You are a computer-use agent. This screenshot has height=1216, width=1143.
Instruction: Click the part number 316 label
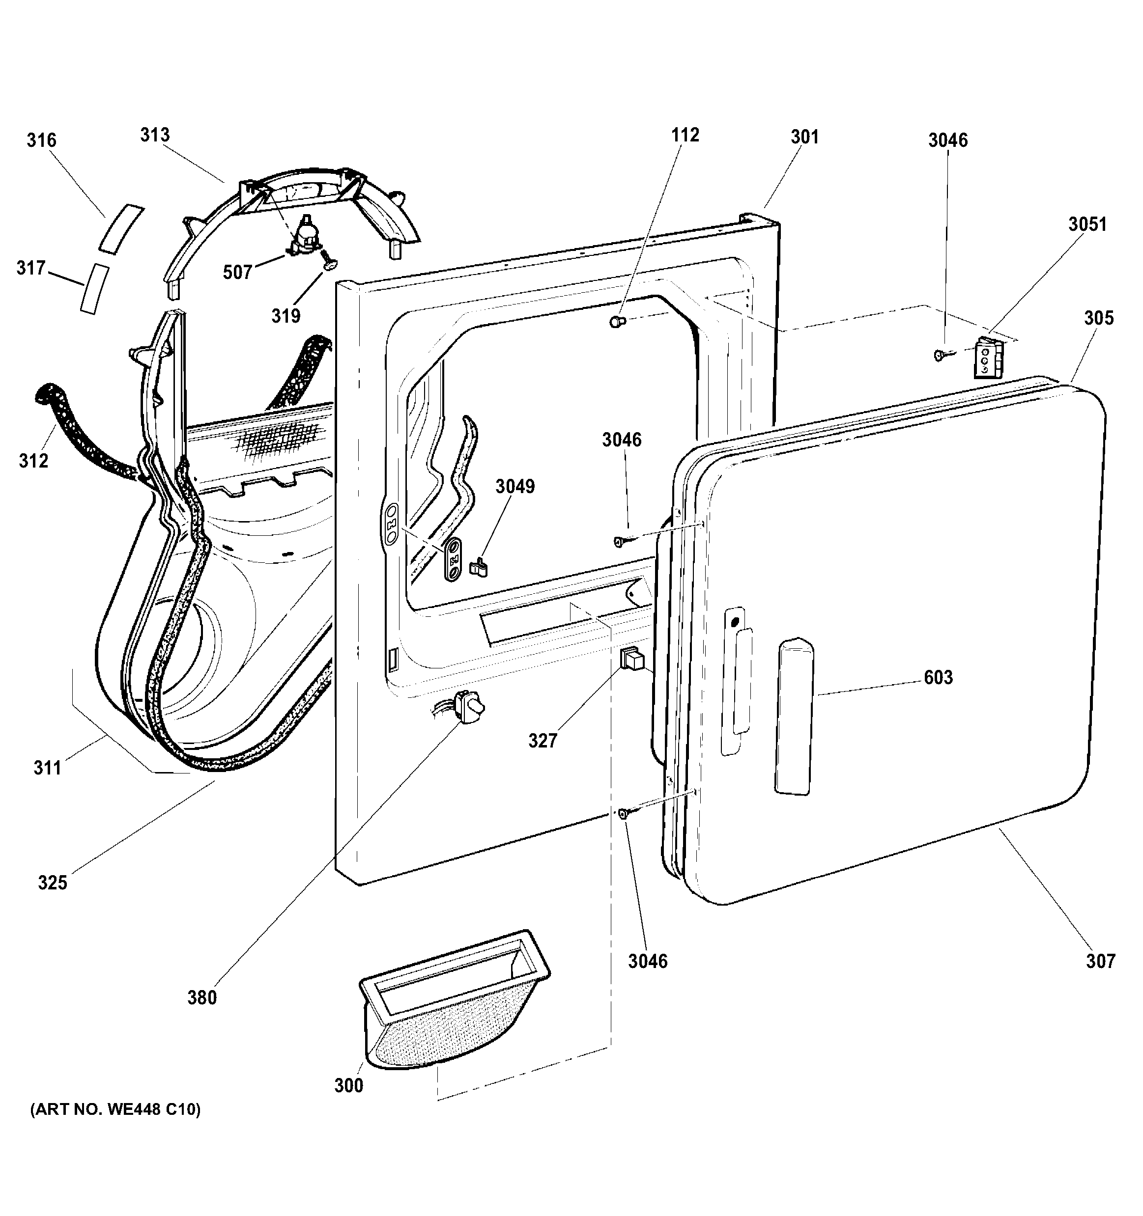coord(42,140)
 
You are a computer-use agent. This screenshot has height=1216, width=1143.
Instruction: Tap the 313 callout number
coord(155,135)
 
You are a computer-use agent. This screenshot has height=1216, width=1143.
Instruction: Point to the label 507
coord(237,272)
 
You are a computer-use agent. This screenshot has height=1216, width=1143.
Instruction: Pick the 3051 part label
coord(1088,224)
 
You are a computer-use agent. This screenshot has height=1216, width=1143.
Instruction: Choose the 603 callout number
coord(938,677)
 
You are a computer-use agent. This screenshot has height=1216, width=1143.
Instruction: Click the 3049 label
coord(515,486)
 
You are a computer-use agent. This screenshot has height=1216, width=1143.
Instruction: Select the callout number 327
coord(543,741)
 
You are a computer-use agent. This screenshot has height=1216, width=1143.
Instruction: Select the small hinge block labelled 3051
coord(988,358)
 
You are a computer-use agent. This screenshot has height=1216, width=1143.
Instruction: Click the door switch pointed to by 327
coord(632,659)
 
